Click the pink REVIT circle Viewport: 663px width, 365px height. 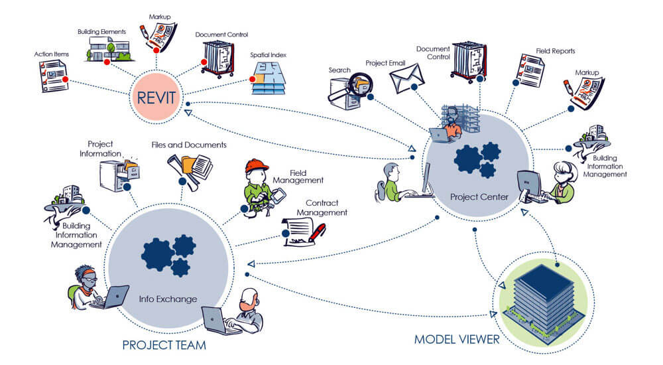(156, 97)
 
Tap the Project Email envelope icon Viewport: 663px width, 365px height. (406, 78)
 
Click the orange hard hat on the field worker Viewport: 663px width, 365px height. (257, 165)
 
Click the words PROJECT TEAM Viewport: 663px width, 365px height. (164, 345)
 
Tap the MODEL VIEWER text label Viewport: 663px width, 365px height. (457, 339)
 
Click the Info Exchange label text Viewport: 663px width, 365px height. (168, 299)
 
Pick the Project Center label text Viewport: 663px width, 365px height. (479, 197)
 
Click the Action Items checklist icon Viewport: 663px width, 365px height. (53, 76)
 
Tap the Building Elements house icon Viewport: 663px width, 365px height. (109, 49)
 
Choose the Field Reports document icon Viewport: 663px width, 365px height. (530, 70)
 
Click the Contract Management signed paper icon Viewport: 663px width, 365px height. (304, 232)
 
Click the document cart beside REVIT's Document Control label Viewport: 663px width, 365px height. (218, 59)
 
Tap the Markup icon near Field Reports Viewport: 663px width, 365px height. (584, 93)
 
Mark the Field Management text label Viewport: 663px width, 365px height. (298, 177)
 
